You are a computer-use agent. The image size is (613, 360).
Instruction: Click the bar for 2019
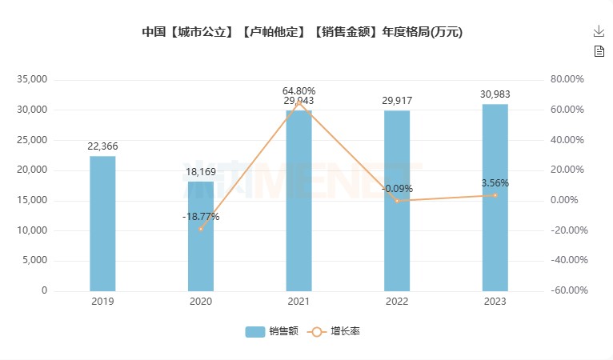pyautogui.click(x=102, y=224)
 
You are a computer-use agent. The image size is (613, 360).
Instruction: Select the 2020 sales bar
pyautogui.click(x=201, y=237)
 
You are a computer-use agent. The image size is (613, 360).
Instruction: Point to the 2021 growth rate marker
pyautogui.click(x=298, y=102)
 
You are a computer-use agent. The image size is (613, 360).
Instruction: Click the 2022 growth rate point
pyautogui.click(x=397, y=201)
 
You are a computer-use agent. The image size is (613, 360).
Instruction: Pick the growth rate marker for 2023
pyautogui.click(x=495, y=195)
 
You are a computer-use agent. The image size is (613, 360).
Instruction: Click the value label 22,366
pyautogui.click(x=102, y=146)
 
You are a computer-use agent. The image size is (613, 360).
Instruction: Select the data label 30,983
pyautogui.click(x=495, y=94)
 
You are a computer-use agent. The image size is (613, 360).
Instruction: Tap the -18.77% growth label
pyautogui.click(x=200, y=217)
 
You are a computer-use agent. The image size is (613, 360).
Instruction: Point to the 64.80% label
pyautogui.click(x=298, y=90)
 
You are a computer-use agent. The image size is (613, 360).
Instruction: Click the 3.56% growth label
pyautogui.click(x=495, y=183)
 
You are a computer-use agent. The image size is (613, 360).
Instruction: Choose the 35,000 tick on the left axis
pyautogui.click(x=32, y=80)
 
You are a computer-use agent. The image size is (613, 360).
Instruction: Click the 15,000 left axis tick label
pyautogui.click(x=32, y=201)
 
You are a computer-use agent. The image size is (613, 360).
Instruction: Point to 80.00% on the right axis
pyautogui.click(x=569, y=80)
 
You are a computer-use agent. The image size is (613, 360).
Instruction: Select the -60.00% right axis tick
pyautogui.click(x=569, y=291)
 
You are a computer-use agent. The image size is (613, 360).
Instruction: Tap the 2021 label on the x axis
pyautogui.click(x=298, y=302)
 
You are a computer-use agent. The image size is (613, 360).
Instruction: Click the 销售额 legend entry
pyautogui.click(x=272, y=331)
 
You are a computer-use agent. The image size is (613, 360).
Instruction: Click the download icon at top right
pyautogui.click(x=599, y=31)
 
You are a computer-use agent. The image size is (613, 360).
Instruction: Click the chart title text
pyautogui.click(x=302, y=33)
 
